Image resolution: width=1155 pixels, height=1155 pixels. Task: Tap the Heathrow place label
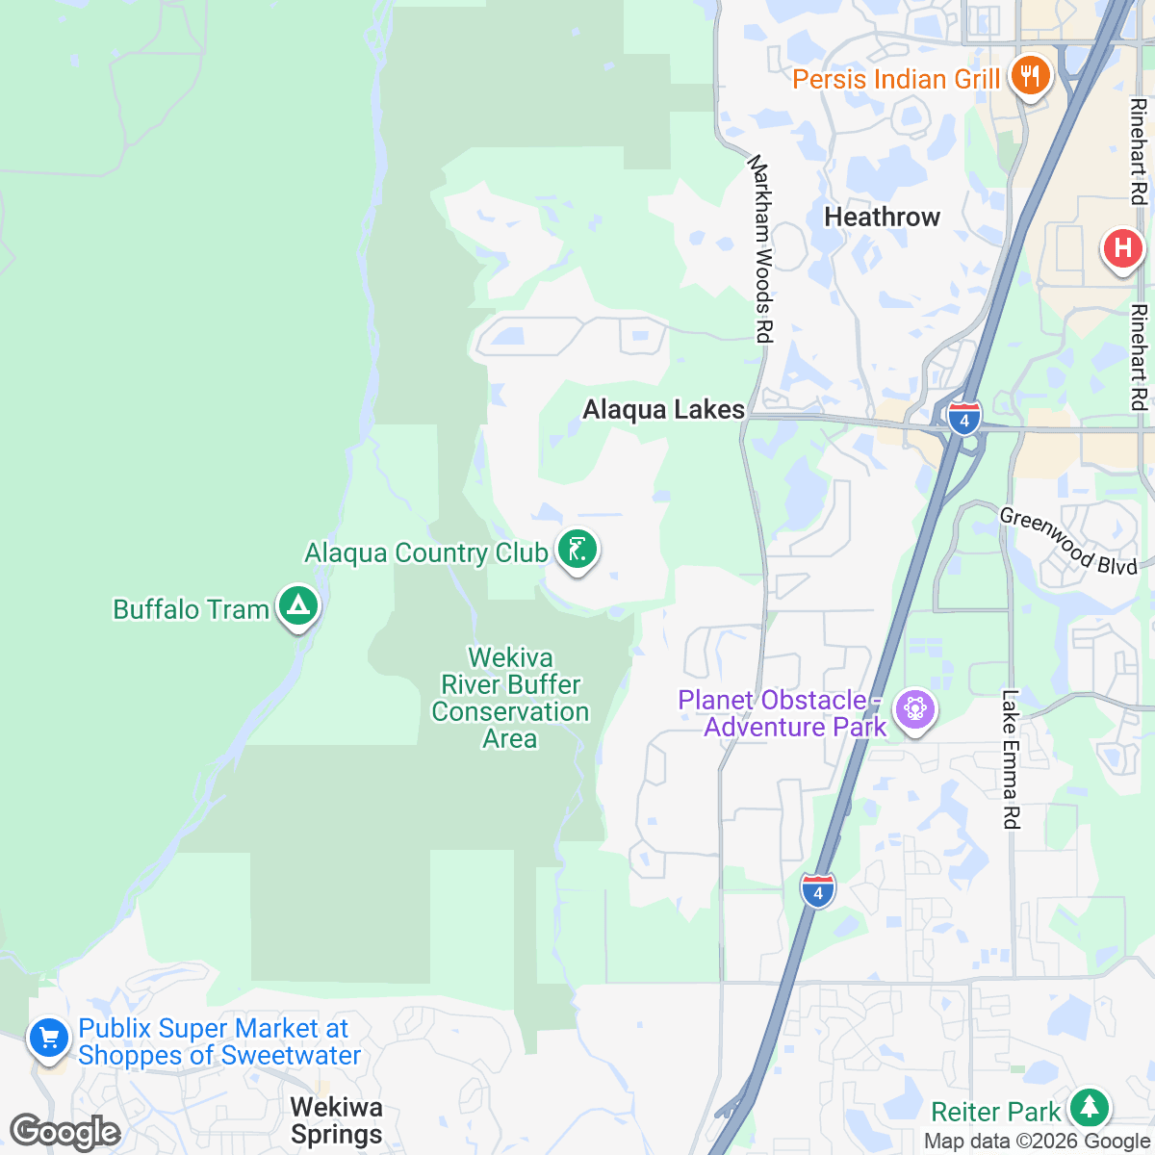882,218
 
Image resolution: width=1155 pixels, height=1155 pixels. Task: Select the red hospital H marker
1122,249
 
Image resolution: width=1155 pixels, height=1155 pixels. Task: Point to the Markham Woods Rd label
761,248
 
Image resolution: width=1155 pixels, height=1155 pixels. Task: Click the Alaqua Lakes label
663,410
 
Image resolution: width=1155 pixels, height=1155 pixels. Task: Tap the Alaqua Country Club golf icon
577,551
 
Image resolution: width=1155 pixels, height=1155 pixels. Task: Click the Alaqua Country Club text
425,553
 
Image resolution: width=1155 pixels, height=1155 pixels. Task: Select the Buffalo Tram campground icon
298,606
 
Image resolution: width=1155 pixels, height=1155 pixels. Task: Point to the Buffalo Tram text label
191,610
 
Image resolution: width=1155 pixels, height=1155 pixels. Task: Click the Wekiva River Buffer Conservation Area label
510,698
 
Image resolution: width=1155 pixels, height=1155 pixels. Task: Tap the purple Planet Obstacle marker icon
914,710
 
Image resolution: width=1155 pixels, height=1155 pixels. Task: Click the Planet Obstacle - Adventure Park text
782,713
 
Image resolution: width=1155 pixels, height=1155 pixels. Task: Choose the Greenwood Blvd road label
1068,541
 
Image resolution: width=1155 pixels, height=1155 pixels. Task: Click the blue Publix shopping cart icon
49,1039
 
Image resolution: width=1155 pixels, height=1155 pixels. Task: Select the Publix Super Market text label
219,1042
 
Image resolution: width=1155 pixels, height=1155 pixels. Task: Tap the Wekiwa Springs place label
337,1121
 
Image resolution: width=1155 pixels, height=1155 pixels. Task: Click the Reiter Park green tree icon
1090,1107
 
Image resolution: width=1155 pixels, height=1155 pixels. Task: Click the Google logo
64,1132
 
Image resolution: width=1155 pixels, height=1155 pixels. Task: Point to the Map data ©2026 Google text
1037,1142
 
